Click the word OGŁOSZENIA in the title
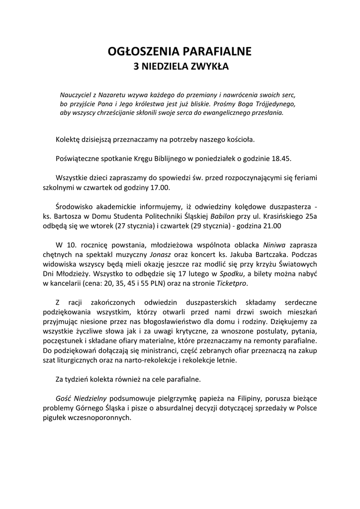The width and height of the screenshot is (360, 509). [140, 51]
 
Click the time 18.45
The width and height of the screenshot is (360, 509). [281, 159]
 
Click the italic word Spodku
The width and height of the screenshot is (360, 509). [231, 273]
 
